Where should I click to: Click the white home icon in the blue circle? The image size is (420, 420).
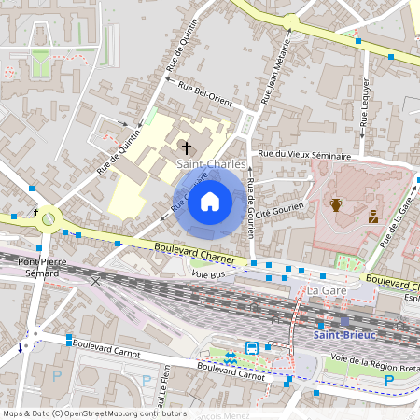point(210,201)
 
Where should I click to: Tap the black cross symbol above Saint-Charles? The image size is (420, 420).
point(186,147)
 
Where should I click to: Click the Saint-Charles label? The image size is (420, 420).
point(212,164)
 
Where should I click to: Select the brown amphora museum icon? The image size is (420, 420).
point(336,204)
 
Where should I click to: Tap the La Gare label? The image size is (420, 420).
point(321,292)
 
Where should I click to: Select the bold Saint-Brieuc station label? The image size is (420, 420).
point(344,335)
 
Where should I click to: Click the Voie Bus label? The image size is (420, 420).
point(210,275)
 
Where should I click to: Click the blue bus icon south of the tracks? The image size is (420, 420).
point(251,347)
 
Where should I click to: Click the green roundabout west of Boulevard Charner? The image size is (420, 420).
point(48,218)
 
